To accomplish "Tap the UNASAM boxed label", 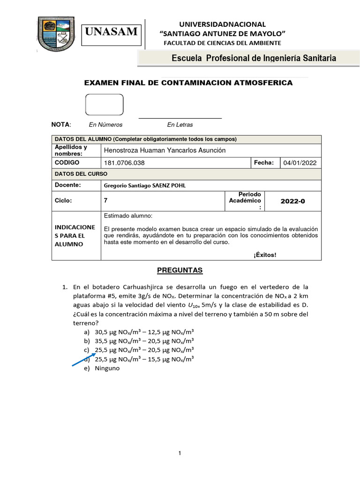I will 112,32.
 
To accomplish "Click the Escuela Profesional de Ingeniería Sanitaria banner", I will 254,59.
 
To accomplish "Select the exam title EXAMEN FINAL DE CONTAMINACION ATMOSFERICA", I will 187,83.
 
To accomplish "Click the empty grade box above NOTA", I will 104,105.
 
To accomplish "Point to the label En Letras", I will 180,125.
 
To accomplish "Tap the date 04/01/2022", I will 300,163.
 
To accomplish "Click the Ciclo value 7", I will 105,201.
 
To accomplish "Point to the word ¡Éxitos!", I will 265,255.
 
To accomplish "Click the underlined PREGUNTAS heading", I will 180,270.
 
